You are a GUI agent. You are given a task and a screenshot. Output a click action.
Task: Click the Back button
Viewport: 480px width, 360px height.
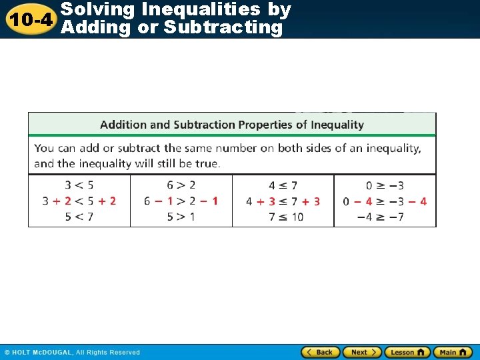pyautogui.click(x=321, y=352)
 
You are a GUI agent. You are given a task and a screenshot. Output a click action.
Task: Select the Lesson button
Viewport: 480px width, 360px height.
pyautogui.click(x=407, y=352)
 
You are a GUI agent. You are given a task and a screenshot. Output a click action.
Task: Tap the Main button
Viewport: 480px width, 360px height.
pyautogui.click(x=452, y=352)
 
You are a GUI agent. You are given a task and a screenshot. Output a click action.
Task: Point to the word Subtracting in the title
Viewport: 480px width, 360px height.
pyautogui.click(x=223, y=27)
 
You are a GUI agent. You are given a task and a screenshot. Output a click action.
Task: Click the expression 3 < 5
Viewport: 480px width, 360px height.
pyautogui.click(x=79, y=185)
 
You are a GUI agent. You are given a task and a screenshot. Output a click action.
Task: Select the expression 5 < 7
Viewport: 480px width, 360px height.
pyautogui.click(x=79, y=217)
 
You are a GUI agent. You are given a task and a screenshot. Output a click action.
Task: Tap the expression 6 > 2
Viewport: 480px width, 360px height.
pyautogui.click(x=181, y=185)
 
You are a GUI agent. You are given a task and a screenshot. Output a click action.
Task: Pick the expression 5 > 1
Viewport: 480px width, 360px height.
pyautogui.click(x=181, y=217)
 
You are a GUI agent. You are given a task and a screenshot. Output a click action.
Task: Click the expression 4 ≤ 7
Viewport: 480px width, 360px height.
pyautogui.click(x=283, y=185)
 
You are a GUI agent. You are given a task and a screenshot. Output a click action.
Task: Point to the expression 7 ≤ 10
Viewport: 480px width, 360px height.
pyautogui.click(x=285, y=217)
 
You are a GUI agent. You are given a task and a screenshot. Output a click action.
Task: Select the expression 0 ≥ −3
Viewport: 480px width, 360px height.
pyautogui.click(x=385, y=185)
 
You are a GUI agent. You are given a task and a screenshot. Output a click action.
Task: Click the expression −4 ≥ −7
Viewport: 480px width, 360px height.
pyautogui.click(x=380, y=217)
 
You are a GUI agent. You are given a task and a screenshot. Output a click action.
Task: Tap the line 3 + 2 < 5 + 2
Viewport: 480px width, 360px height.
pyautogui.click(x=79, y=201)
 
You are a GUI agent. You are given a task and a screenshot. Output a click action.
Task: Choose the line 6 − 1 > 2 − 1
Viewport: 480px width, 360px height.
pyautogui.click(x=181, y=201)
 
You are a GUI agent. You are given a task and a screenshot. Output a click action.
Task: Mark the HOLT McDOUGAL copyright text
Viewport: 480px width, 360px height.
pyautogui.click(x=72, y=353)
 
